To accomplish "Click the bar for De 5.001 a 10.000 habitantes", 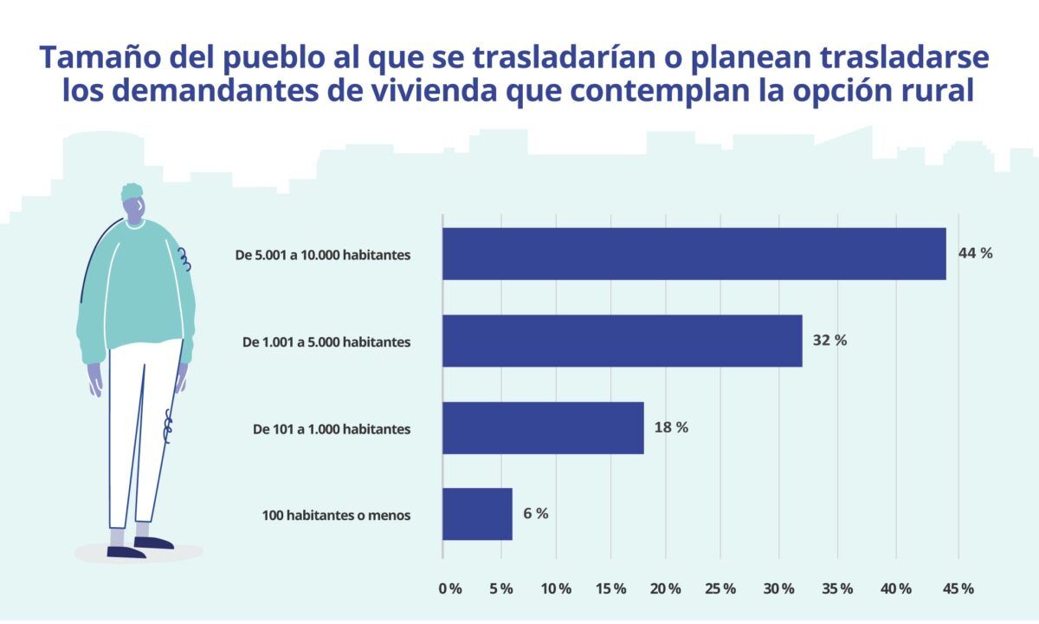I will [694, 254].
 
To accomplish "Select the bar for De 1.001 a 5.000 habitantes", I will [622, 341].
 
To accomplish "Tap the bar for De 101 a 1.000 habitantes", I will [543, 427].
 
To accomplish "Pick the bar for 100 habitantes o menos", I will [477, 514].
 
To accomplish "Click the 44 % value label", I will [975, 253].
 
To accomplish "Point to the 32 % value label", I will [829, 340].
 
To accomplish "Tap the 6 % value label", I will [535, 513].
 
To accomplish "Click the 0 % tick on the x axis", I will [450, 588].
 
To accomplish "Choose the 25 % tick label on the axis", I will [720, 588].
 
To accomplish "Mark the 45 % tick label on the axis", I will [957, 588].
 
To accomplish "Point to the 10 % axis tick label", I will [555, 588].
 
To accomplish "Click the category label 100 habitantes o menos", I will [336, 516].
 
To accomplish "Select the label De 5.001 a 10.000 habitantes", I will [323, 256].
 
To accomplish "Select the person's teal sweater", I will [134, 286].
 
